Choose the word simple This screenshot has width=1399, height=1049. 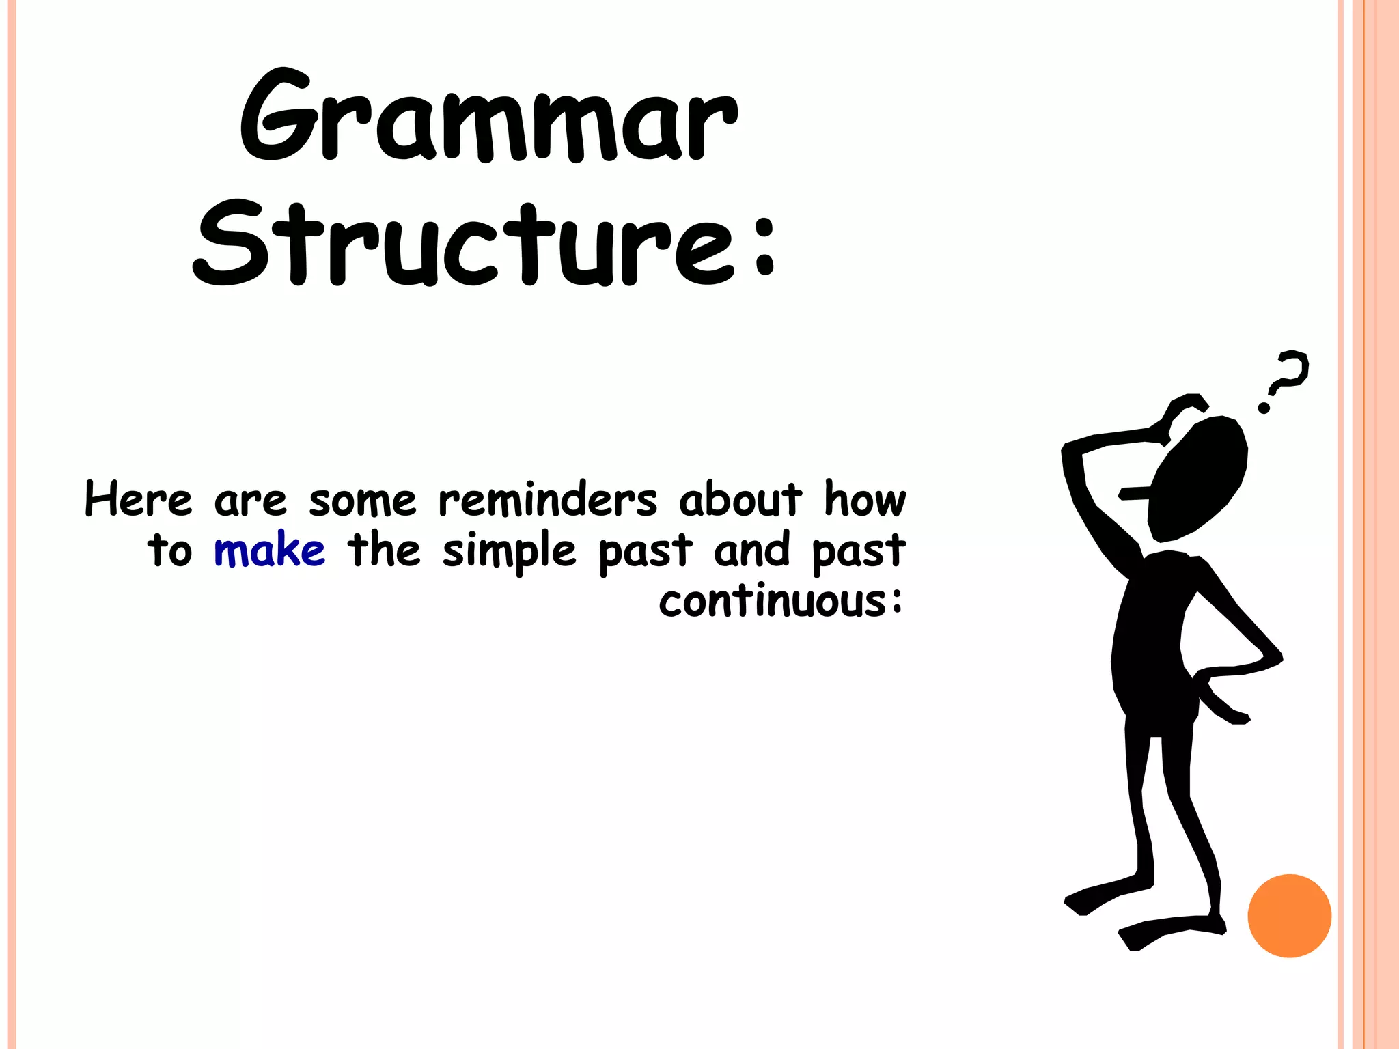(x=509, y=552)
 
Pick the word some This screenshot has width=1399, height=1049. (x=362, y=501)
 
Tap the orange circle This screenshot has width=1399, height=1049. (x=1289, y=916)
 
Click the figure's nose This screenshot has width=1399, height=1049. (x=1134, y=493)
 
